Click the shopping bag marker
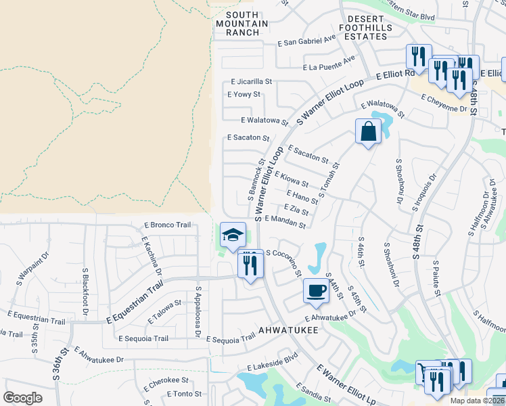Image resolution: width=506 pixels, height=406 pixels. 367,131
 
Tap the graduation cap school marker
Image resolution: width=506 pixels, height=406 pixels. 233,235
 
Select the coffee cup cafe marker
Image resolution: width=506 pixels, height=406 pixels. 315,291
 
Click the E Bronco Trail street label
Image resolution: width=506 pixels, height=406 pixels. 168,225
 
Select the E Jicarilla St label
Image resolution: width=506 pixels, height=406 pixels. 251,81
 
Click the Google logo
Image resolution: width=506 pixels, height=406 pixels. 22,398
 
